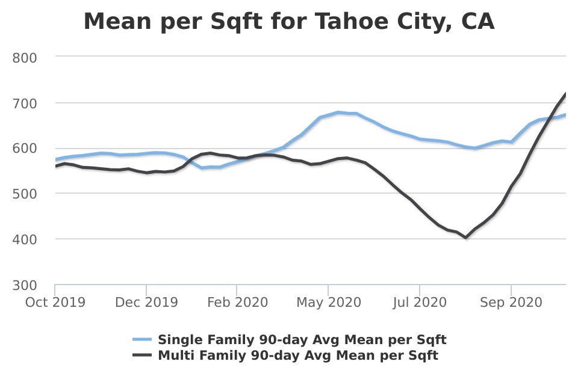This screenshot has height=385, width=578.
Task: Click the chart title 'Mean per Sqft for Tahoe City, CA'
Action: pos(289,22)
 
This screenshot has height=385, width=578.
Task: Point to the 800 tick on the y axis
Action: pos(25,58)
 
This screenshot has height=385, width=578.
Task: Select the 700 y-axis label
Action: pos(25,103)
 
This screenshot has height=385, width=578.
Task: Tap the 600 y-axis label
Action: pos(25,149)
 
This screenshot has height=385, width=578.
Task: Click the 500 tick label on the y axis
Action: pos(25,194)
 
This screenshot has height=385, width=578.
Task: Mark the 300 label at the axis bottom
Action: pos(25,285)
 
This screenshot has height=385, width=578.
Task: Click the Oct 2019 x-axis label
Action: pos(55,302)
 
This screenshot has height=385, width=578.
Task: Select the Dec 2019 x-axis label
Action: pos(146,302)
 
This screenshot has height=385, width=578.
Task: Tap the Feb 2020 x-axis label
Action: pos(237,302)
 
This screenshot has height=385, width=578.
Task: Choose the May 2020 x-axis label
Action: pos(329,302)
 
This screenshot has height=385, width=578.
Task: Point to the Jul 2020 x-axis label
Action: pos(420,302)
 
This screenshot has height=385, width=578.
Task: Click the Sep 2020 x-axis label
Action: pos(511,302)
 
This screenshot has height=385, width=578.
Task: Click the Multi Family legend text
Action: pos(298,356)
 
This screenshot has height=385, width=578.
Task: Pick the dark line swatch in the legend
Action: pos(142,356)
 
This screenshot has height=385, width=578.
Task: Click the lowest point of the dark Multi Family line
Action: pos(465,237)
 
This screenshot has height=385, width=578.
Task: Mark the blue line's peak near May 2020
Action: pos(338,112)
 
